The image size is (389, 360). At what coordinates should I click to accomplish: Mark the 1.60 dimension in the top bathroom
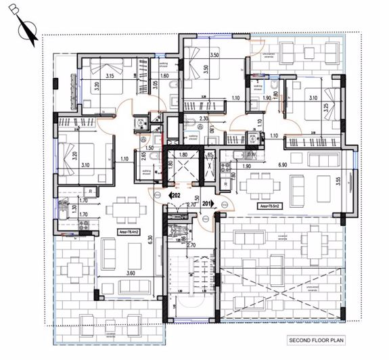coord(164,76)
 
